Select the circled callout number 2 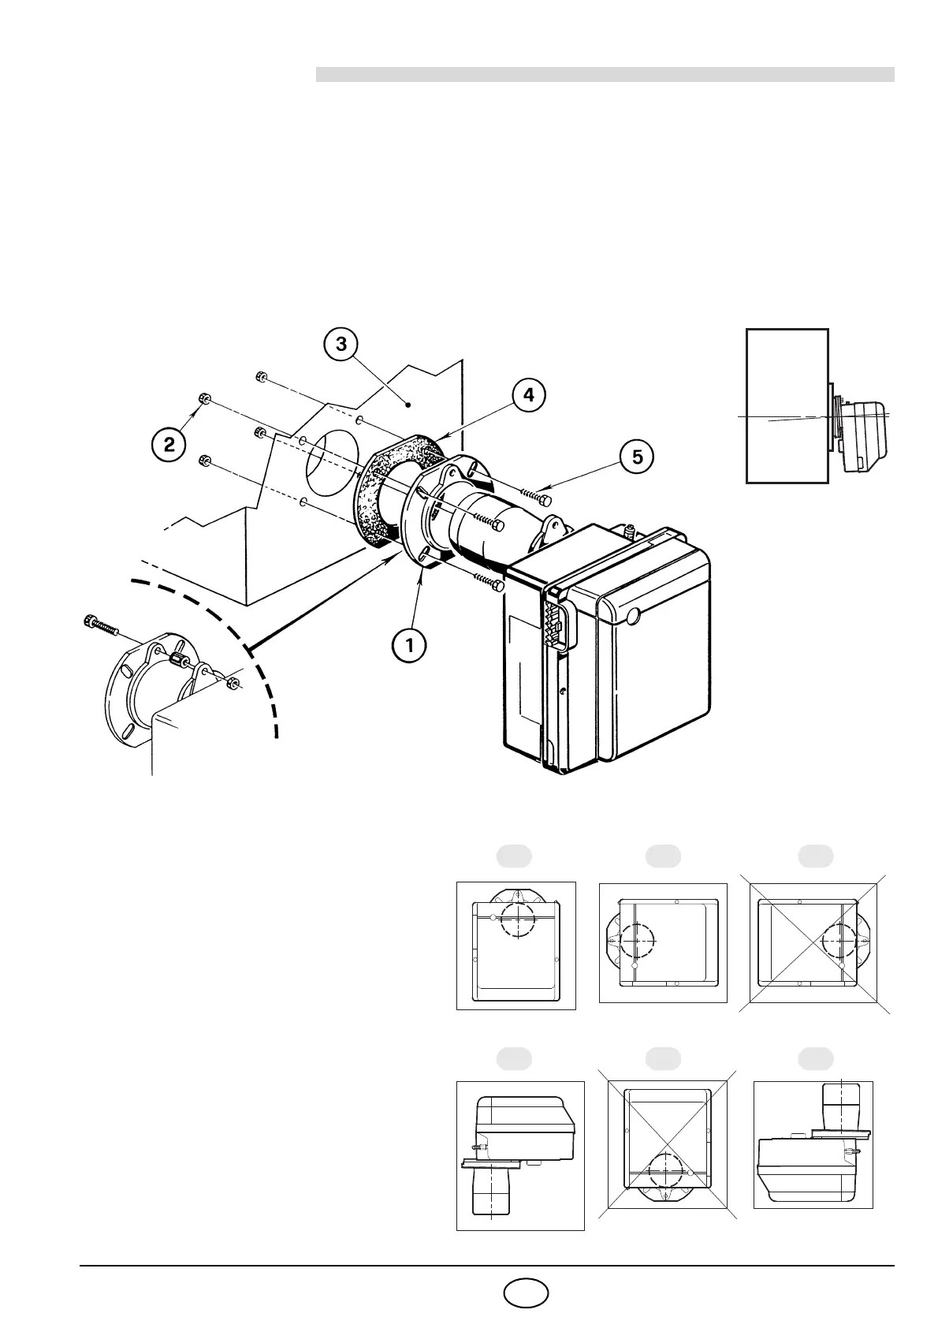click(169, 445)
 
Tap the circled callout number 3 click(340, 345)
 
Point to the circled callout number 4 click(529, 395)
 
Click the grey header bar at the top click(605, 74)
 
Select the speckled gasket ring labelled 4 click(386, 481)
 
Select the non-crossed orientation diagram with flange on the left click(662, 942)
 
